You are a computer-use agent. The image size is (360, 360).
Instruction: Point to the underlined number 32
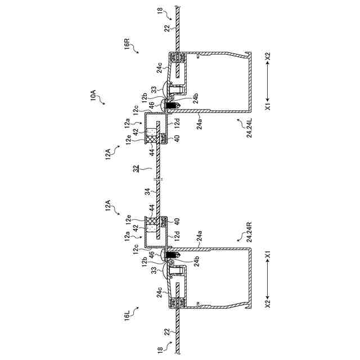tap(137, 168)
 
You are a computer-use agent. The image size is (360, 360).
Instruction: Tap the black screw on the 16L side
tap(173, 255)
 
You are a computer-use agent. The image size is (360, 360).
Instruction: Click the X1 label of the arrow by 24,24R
tap(268, 254)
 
